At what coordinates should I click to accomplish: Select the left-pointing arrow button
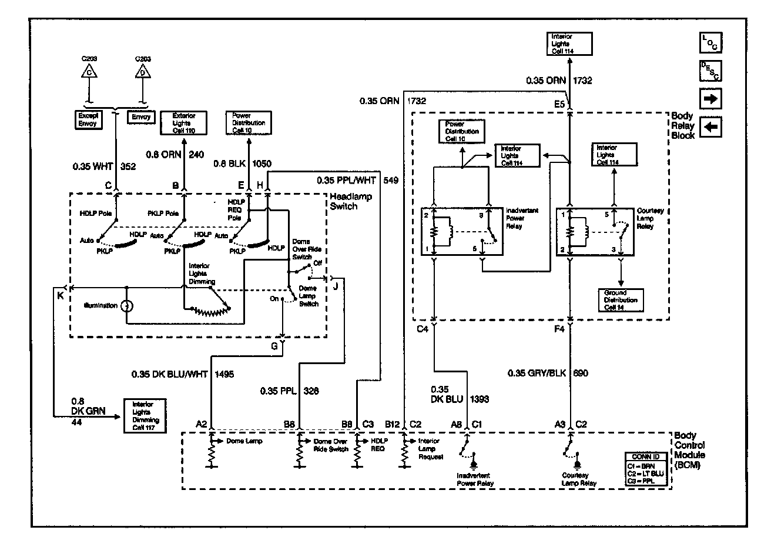click(711, 126)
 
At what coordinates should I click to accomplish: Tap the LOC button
click(711, 43)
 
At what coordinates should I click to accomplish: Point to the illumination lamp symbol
click(126, 306)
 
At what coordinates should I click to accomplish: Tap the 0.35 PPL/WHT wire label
click(347, 181)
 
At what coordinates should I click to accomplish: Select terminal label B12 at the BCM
click(392, 423)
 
